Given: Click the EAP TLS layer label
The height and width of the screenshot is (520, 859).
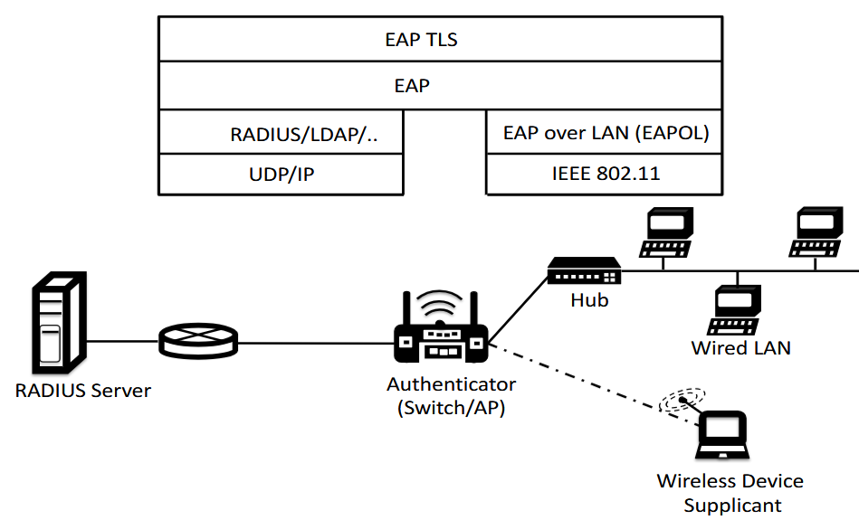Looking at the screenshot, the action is click(421, 40).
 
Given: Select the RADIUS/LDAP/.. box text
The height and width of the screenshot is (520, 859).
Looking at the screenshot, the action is click(304, 134).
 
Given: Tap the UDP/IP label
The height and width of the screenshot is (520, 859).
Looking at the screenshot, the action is click(282, 174).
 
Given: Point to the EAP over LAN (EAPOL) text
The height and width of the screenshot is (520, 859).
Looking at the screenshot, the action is click(606, 133).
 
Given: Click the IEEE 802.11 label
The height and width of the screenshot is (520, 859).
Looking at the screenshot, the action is click(606, 174).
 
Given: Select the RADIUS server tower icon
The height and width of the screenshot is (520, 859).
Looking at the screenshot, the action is click(59, 322).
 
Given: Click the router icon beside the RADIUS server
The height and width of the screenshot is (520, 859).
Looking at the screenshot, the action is click(198, 341).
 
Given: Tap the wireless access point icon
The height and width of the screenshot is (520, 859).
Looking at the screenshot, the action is click(441, 326).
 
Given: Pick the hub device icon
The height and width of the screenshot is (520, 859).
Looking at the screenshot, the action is click(585, 270).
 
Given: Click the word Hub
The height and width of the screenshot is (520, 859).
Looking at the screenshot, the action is click(589, 300).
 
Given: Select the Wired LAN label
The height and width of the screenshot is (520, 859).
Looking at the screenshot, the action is click(740, 348).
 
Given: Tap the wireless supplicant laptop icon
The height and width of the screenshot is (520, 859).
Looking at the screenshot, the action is click(722, 435).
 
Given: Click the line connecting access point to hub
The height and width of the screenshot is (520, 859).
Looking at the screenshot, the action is click(519, 311).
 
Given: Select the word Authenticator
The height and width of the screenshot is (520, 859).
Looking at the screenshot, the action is click(452, 384).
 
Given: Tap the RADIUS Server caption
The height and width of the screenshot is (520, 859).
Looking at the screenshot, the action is click(82, 391).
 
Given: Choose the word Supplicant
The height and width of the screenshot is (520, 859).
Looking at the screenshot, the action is click(732, 506).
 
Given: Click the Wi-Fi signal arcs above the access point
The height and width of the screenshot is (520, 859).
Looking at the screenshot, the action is click(440, 303).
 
